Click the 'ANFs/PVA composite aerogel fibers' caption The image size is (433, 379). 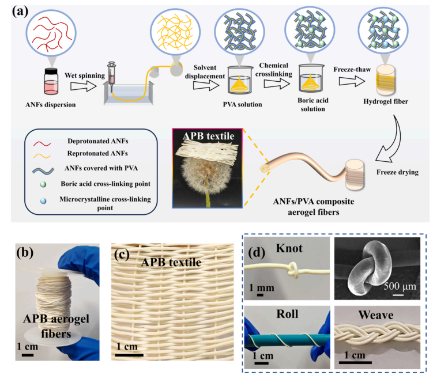pyautogui.click(x=298, y=207)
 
